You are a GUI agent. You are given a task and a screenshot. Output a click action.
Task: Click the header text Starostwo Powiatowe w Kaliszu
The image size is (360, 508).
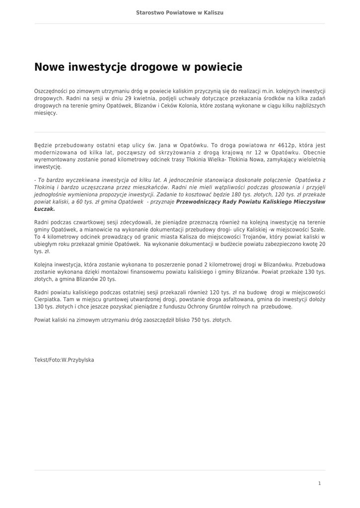(180, 12)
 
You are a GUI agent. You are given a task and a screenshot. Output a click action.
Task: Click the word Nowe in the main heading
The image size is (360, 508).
(49, 67)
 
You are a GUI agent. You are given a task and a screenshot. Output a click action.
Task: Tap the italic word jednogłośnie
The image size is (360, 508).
(50, 195)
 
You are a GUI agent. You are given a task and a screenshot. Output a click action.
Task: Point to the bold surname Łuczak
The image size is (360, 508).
(44, 209)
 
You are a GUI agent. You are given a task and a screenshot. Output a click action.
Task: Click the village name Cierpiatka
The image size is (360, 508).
(49, 300)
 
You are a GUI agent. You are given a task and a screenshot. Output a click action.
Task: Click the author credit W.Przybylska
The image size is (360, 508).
(78, 360)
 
